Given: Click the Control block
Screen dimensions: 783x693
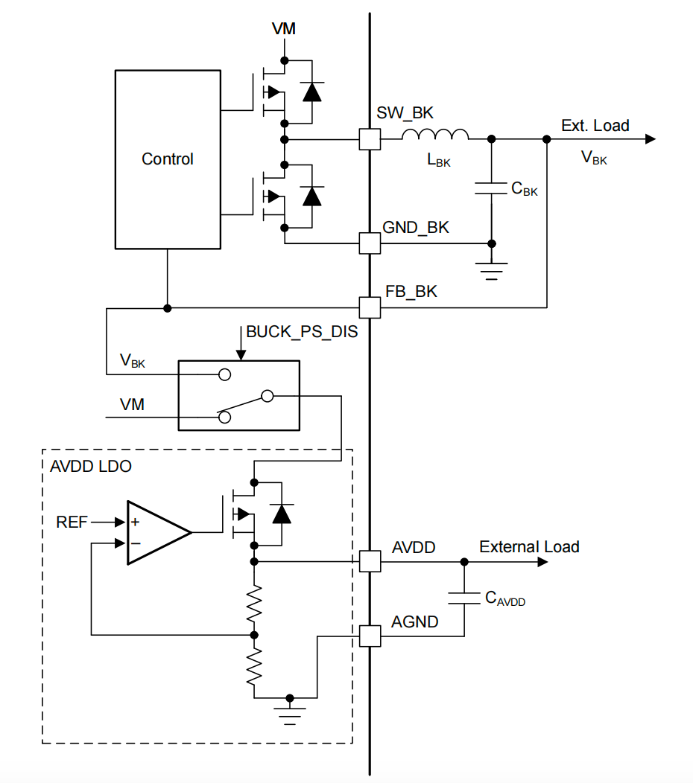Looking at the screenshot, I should pyautogui.click(x=168, y=159).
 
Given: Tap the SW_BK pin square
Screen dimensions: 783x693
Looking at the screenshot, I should pyautogui.click(x=370, y=139).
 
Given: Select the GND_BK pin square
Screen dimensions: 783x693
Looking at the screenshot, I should pyautogui.click(x=370, y=243).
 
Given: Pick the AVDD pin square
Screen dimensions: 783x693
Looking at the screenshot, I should pyautogui.click(x=370, y=561).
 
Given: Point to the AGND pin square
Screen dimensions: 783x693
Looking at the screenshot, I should pyautogui.click(x=370, y=636).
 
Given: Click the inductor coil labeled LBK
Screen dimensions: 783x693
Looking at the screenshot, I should pyautogui.click(x=435, y=135).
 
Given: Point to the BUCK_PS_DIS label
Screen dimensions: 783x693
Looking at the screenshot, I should pyautogui.click(x=302, y=332).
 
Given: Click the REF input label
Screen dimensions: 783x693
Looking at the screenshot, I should pyautogui.click(x=72, y=522).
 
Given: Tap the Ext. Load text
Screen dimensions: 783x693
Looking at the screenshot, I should pyautogui.click(x=595, y=126).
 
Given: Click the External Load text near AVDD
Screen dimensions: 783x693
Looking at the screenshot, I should pyautogui.click(x=529, y=547).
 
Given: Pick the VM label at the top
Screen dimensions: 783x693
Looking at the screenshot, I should pyautogui.click(x=283, y=29).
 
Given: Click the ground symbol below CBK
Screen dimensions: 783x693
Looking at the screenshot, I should pyautogui.click(x=491, y=269).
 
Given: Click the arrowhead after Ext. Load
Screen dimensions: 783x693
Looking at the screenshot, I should pyautogui.click(x=650, y=139).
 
